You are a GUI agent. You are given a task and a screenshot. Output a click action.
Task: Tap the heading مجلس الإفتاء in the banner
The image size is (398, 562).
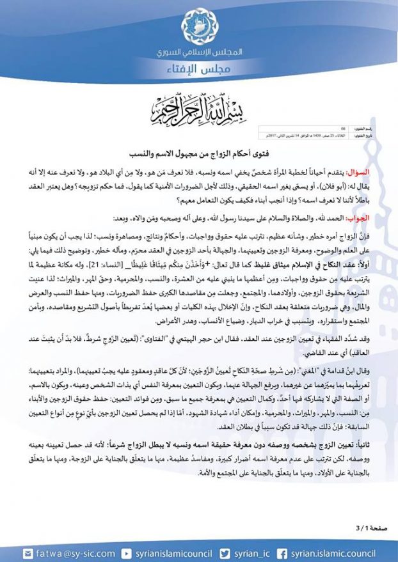[199, 70]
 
